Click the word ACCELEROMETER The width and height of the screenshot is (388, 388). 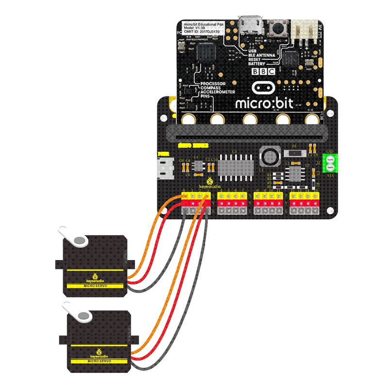(218, 92)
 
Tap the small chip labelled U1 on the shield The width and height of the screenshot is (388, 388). (198, 166)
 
